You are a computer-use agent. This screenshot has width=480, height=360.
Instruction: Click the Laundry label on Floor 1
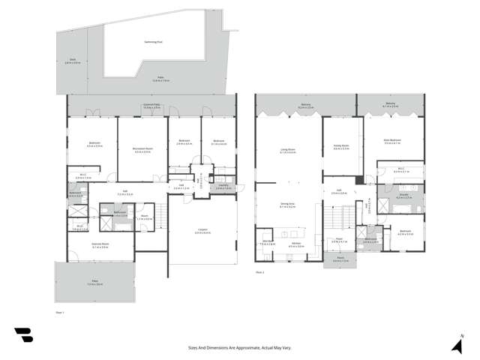[223, 187]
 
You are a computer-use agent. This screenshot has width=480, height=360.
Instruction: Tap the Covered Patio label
[153, 106]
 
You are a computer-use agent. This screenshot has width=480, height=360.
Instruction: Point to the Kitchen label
[295, 244]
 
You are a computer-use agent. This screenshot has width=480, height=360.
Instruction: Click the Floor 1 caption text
[60, 310]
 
